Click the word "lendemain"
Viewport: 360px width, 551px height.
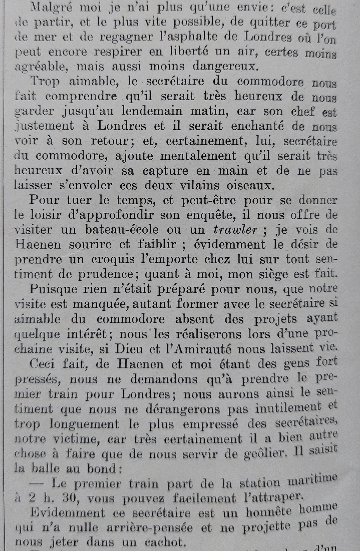click(151, 111)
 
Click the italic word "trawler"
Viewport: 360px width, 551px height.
click(235, 230)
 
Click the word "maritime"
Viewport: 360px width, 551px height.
click(313, 481)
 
